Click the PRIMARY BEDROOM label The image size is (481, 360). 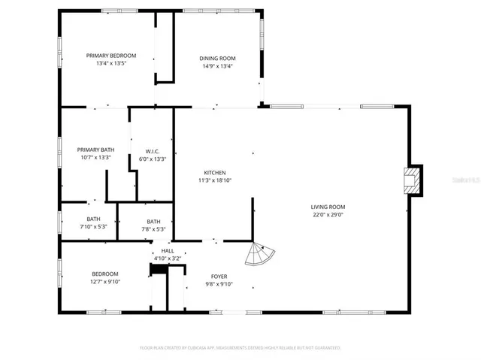point(111,56)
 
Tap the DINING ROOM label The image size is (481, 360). point(217,58)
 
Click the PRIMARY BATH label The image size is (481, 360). point(95,150)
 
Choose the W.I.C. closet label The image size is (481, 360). point(152,150)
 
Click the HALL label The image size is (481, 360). point(167,251)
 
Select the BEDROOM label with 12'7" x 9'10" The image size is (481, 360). point(105,274)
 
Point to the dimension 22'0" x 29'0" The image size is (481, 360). point(328,214)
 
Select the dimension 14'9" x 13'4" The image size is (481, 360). point(217,66)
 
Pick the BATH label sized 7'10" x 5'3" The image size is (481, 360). point(93,219)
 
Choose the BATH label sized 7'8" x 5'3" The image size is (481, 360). point(153,221)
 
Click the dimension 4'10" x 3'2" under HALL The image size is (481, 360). point(167,259)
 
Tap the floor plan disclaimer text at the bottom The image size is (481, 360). point(240,348)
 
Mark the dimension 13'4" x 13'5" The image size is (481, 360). point(111,64)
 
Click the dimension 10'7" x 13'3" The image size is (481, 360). point(95,158)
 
